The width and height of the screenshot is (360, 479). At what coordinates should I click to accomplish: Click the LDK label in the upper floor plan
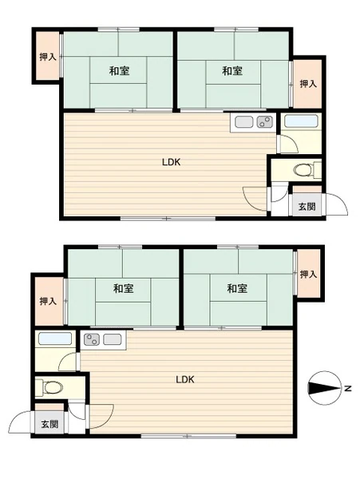coord(172,162)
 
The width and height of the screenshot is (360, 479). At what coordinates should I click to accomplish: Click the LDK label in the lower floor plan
coord(185,380)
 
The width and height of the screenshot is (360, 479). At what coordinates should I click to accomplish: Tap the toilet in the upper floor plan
coord(305,170)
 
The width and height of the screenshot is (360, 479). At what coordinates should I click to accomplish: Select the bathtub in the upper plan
coord(301,121)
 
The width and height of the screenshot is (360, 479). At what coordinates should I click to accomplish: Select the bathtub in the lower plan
coord(55,338)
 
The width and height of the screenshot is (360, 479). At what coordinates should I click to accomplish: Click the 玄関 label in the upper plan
coord(307,207)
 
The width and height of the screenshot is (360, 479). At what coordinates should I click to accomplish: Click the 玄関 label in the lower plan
coord(49,425)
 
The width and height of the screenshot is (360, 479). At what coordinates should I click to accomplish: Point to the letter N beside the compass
coord(348,389)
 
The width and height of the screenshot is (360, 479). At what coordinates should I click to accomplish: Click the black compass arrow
coord(324,388)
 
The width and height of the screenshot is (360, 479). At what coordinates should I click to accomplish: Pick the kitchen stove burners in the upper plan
coord(265,122)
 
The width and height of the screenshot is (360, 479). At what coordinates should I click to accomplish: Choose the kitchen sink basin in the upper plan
coord(243,122)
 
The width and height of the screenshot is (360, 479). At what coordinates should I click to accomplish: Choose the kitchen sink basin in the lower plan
coord(113,339)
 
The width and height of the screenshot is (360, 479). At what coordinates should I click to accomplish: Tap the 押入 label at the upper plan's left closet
coord(48,57)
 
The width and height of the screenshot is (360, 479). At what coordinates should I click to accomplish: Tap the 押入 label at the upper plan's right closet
coord(308,84)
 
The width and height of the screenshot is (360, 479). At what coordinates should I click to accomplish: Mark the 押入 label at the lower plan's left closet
coord(48,302)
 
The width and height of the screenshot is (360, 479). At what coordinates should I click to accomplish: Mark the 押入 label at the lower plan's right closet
coord(308,275)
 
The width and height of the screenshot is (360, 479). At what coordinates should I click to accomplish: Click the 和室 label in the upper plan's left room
coord(120,71)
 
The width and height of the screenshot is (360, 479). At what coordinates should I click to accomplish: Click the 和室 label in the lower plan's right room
coord(237,288)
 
